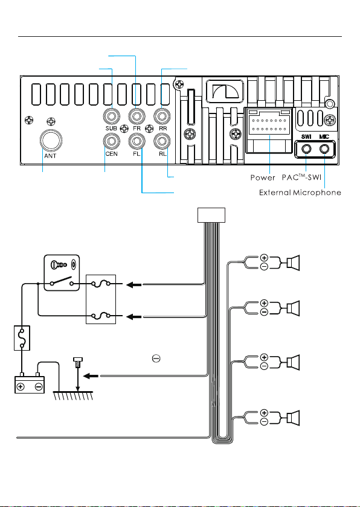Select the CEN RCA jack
tap(112, 142)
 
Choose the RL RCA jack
tap(162, 142)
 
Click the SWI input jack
tap(306, 149)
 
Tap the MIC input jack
tap(324, 149)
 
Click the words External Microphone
tap(300, 193)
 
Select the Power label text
tap(263, 178)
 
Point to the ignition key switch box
tap(62, 273)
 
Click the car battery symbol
tap(30, 383)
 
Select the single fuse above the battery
tap(22, 337)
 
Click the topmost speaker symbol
tap(294, 263)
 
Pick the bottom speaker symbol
tap(294, 418)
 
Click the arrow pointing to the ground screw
tap(92, 375)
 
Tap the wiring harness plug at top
tap(211, 215)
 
